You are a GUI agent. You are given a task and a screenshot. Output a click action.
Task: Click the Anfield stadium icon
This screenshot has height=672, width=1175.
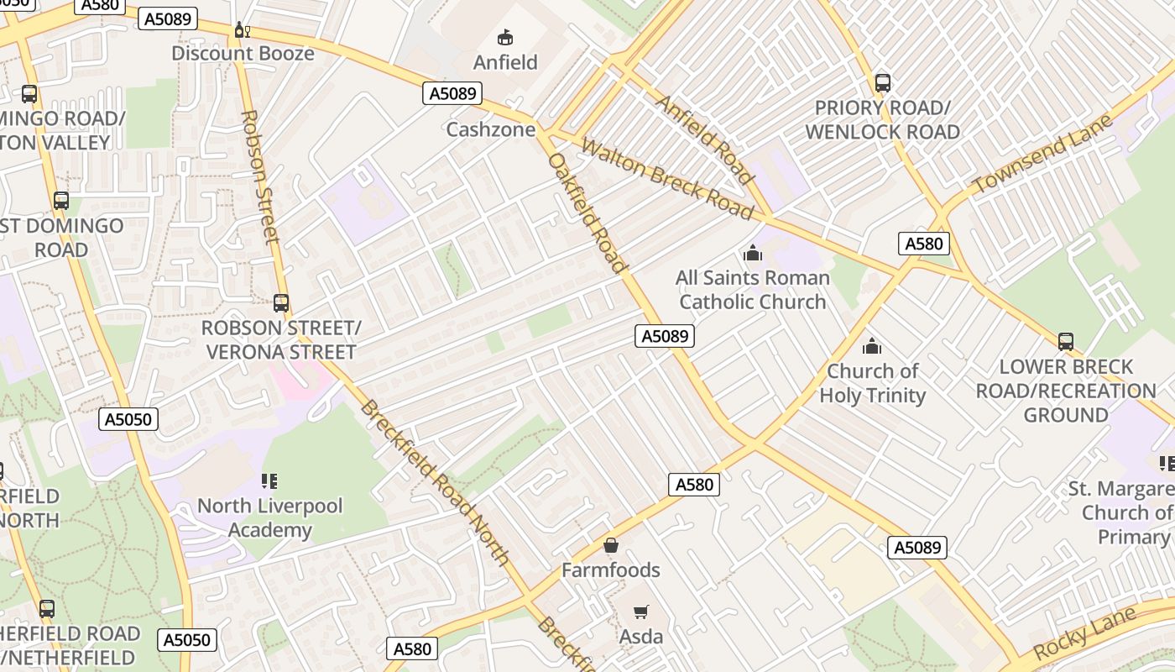click(505, 37)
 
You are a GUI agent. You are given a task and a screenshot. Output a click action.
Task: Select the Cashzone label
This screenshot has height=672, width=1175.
click(490, 129)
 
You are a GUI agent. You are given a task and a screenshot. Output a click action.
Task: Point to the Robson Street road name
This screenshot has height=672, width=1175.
click(259, 176)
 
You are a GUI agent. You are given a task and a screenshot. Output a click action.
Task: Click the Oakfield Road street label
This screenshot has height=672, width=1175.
click(588, 213)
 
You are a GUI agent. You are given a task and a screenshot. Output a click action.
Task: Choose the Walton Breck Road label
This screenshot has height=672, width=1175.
click(667, 178)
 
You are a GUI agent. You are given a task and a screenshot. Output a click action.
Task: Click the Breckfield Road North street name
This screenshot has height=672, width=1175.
click(435, 483)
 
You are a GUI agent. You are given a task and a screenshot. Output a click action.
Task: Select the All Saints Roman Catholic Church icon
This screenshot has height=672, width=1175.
click(753, 253)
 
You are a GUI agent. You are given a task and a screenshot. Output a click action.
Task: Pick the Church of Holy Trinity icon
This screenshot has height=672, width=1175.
click(872, 346)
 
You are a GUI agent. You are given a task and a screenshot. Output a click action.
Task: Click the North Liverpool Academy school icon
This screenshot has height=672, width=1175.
click(269, 481)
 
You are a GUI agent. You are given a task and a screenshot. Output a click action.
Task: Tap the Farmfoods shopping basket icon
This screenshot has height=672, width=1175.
click(611, 545)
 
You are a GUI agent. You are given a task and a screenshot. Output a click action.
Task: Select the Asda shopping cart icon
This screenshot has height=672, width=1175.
click(641, 612)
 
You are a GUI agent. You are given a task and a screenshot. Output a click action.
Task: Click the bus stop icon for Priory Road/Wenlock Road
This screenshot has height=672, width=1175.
click(882, 83)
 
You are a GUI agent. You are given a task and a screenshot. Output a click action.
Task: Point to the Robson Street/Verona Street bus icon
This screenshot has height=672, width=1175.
click(281, 303)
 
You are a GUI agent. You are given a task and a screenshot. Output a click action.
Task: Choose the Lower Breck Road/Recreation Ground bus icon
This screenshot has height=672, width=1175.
click(1065, 342)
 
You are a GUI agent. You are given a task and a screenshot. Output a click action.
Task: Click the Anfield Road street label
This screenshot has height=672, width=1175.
click(703, 139)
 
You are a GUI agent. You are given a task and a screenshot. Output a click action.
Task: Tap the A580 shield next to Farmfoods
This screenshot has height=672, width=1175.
click(694, 484)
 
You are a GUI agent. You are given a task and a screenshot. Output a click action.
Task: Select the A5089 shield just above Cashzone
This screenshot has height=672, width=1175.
click(452, 93)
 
